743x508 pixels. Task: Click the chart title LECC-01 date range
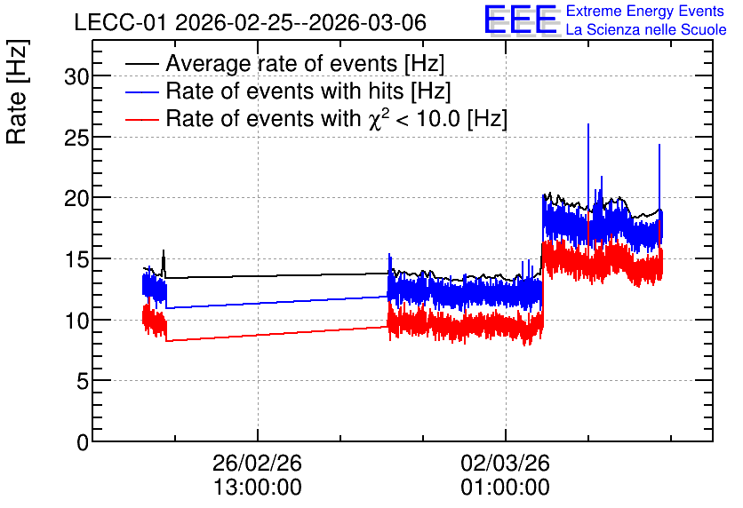(251, 22)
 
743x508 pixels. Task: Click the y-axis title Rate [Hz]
(17, 91)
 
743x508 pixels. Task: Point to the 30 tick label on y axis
(76, 76)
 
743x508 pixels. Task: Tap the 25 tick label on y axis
(76, 137)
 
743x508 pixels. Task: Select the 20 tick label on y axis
(76, 198)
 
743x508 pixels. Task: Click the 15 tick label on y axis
(76, 259)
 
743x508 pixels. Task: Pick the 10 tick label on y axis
(76, 320)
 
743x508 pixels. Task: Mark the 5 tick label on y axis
(83, 381)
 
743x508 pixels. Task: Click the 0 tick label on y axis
(83, 442)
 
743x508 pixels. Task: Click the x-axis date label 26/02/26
(258, 463)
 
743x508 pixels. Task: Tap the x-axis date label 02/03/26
(505, 463)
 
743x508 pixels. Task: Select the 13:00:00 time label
(258, 488)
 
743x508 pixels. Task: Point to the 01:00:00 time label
(505, 488)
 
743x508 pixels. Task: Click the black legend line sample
(141, 65)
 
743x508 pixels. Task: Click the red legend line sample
(141, 120)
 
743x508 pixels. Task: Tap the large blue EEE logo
(521, 20)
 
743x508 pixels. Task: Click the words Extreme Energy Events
(645, 11)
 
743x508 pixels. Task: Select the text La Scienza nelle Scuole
(646, 29)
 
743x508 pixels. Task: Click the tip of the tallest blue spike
(588, 124)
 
